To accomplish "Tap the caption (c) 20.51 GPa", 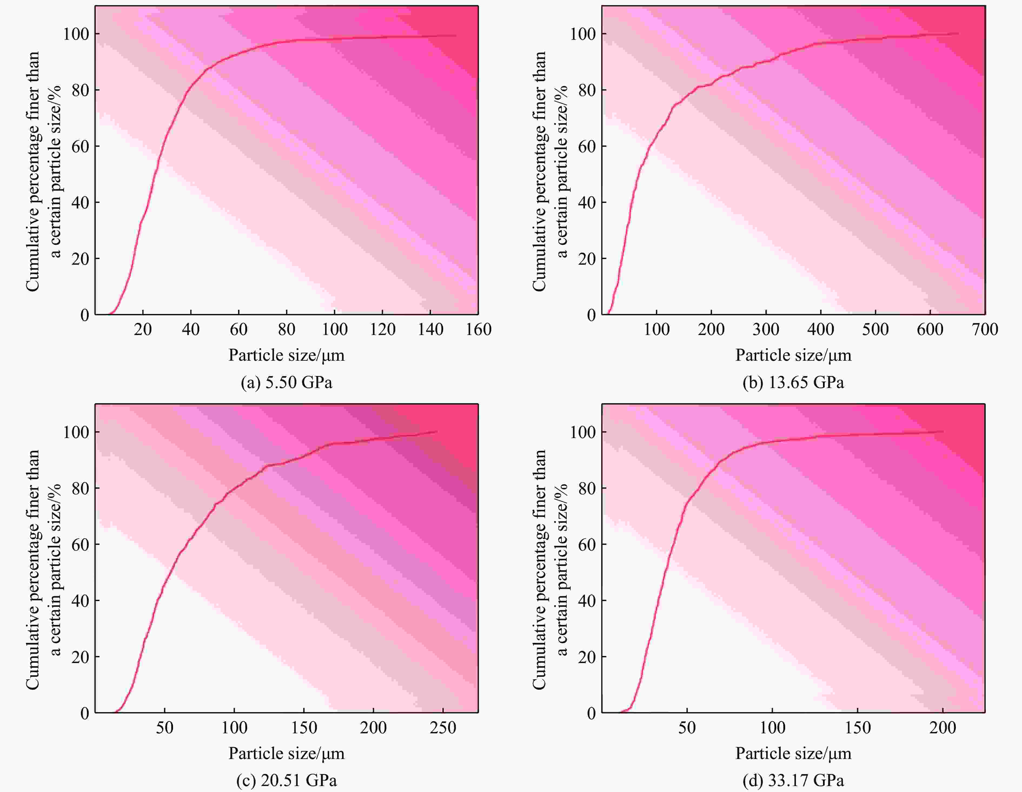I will pyautogui.click(x=286, y=780).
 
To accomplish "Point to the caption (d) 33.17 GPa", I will pyautogui.click(x=793, y=780).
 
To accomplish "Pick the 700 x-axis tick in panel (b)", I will pyautogui.click(x=985, y=330).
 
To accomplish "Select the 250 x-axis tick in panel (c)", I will pyautogui.click(x=443, y=727).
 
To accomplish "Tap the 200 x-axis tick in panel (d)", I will pyautogui.click(x=943, y=727).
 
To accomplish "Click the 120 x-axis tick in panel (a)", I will pyautogui.click(x=382, y=330).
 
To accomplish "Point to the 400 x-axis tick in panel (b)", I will pyautogui.click(x=820, y=330).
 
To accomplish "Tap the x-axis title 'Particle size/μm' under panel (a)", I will pyautogui.click(x=286, y=355).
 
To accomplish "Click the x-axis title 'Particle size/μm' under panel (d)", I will pyautogui.click(x=793, y=753).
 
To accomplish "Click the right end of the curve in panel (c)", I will pyautogui.click(x=437, y=432).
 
